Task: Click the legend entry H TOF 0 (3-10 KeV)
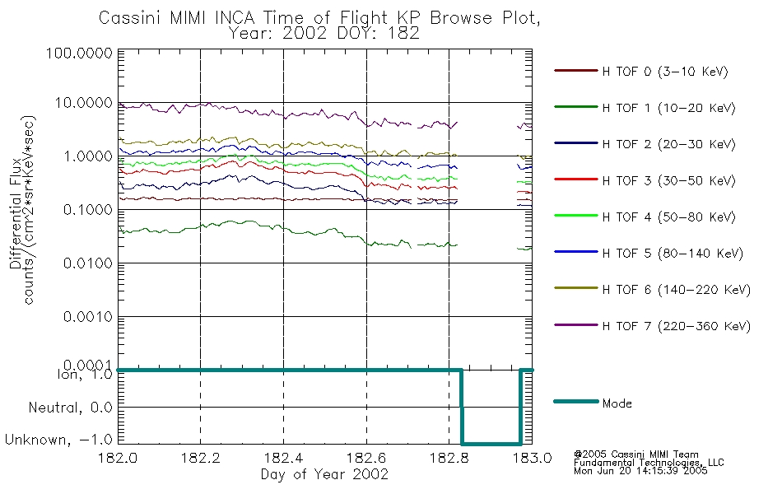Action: [665, 72]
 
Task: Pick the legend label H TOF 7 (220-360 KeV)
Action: [676, 327]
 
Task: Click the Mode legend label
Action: [617, 403]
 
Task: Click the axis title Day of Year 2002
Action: [324, 475]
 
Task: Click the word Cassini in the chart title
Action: [128, 18]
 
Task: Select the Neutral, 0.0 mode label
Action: [70, 408]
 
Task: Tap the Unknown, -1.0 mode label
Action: [58, 440]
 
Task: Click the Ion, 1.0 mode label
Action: [83, 375]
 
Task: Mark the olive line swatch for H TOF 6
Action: [575, 290]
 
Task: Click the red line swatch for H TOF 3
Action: [575, 181]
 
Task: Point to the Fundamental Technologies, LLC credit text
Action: [649, 463]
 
